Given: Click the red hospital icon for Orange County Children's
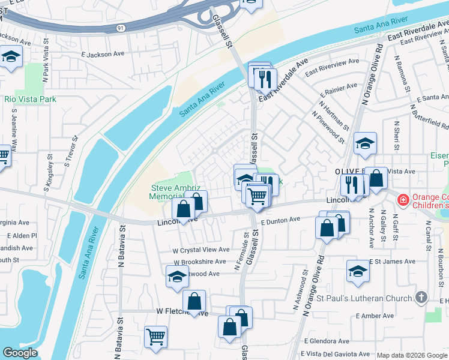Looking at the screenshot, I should click(403, 199).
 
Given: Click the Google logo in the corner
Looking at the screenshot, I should click(20, 352).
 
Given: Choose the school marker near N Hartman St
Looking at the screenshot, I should click(365, 143).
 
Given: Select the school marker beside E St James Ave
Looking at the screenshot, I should click(358, 271).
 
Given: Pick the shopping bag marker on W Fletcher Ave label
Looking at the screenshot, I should click(194, 301).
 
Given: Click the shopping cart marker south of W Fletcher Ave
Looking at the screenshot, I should click(156, 337).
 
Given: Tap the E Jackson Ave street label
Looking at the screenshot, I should click(103, 54).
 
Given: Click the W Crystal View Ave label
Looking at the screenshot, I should click(201, 250).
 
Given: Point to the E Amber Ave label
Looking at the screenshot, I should click(374, 316).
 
